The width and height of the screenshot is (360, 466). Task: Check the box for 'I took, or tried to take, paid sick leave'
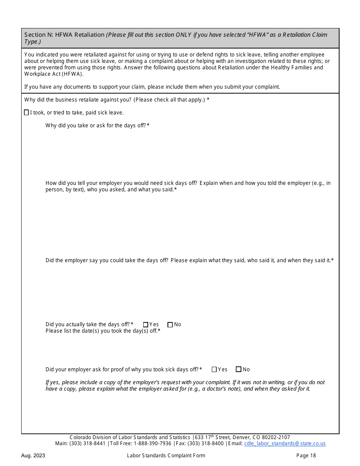[26, 113]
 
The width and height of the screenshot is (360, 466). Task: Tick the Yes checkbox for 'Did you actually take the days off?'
[146, 325]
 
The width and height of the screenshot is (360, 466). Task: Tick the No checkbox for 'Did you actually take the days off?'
[170, 325]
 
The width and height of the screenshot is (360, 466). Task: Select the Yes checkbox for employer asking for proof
[214, 369]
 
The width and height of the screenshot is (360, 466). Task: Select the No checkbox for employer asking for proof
[238, 369]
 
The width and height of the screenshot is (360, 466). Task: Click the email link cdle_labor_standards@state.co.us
[285, 444]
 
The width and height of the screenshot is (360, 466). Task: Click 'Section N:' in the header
[39, 35]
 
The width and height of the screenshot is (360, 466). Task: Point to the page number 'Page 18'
[306, 455]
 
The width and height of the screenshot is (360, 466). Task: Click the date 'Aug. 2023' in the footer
[33, 455]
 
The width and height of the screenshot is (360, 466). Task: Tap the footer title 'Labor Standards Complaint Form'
[166, 455]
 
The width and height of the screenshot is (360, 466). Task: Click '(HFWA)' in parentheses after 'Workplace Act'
[70, 74]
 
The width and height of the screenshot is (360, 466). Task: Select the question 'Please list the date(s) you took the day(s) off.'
[103, 331]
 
